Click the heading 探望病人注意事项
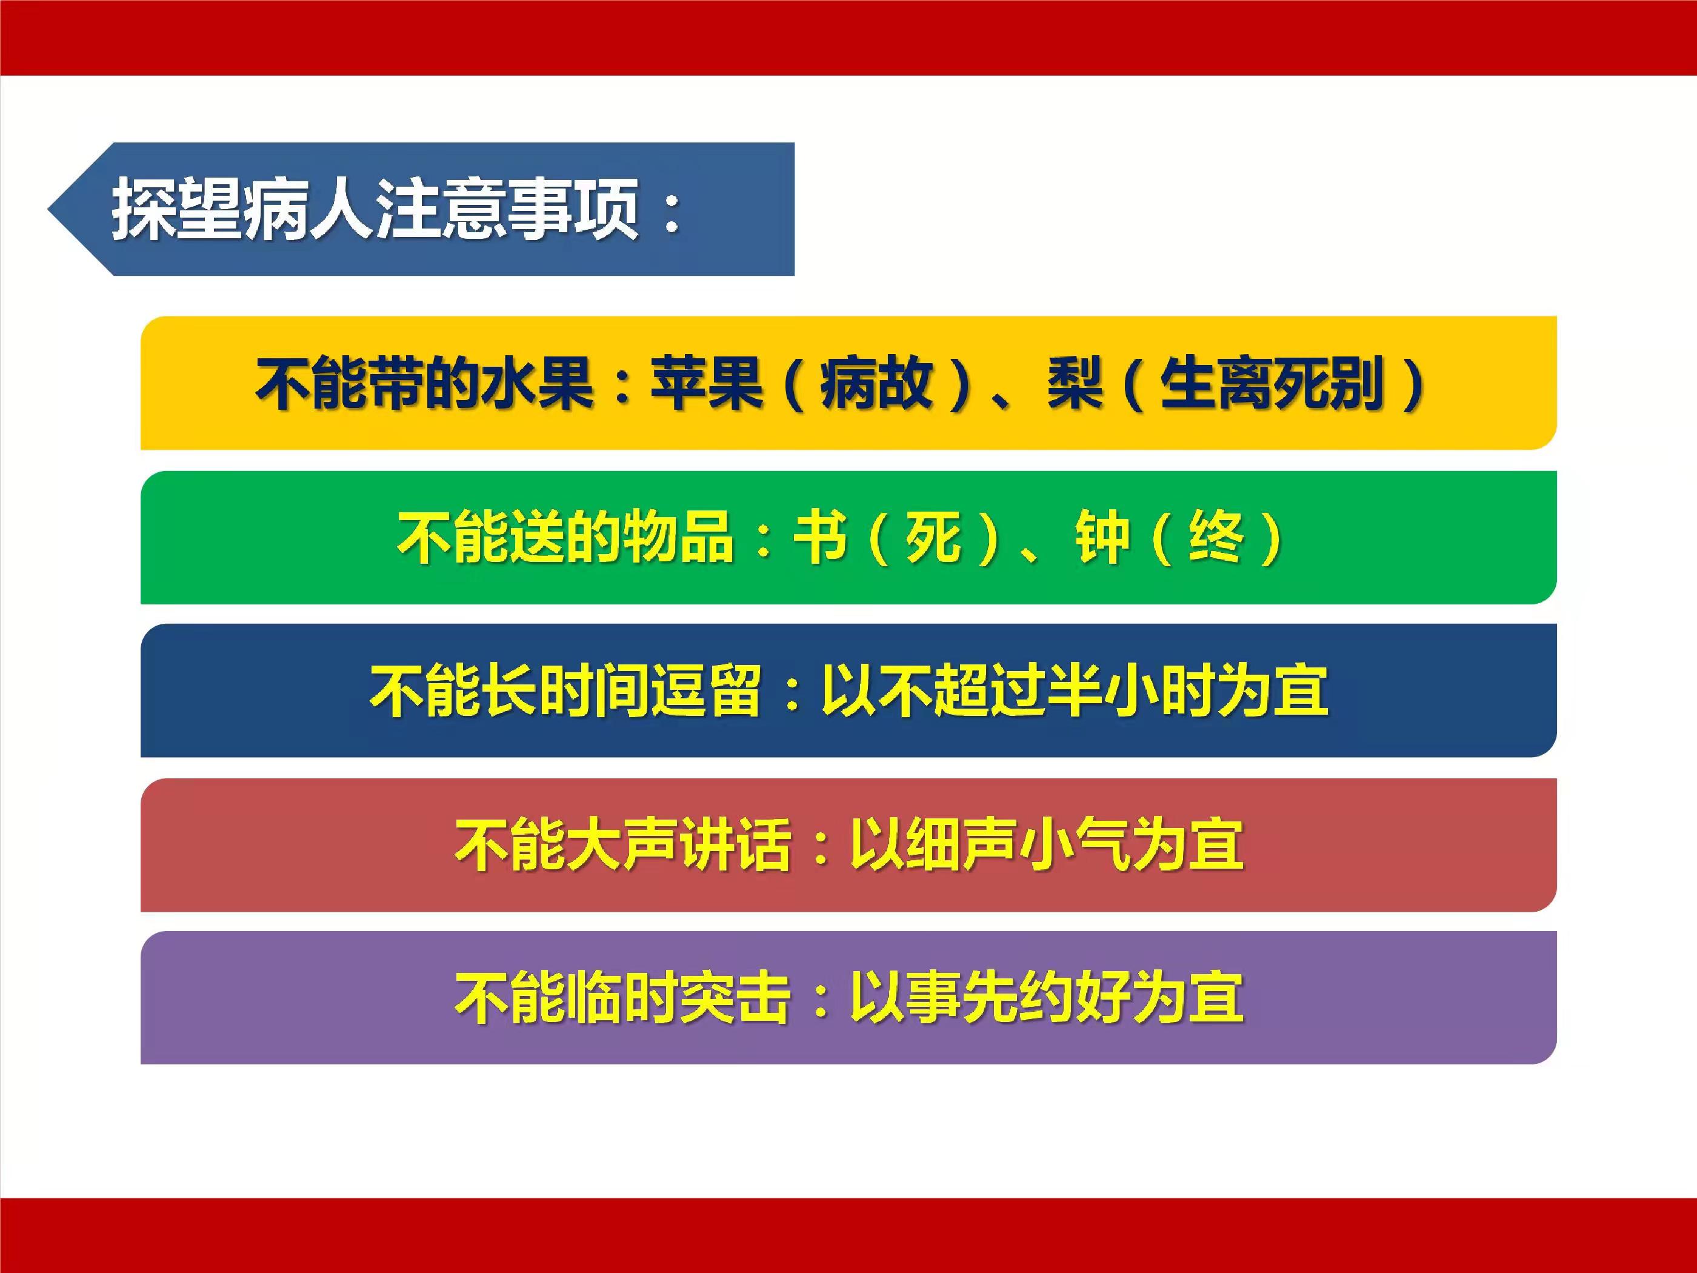click(x=376, y=209)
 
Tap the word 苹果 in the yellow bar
click(x=707, y=383)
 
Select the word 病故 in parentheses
click(x=876, y=383)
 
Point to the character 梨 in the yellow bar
click(x=1075, y=383)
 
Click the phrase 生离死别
click(x=1272, y=383)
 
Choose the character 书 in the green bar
click(x=820, y=536)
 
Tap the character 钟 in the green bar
click(x=1103, y=536)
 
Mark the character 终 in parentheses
click(x=1216, y=536)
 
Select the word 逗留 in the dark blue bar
click(x=706, y=690)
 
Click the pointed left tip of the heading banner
click(x=48, y=209)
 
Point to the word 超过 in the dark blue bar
click(x=990, y=690)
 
